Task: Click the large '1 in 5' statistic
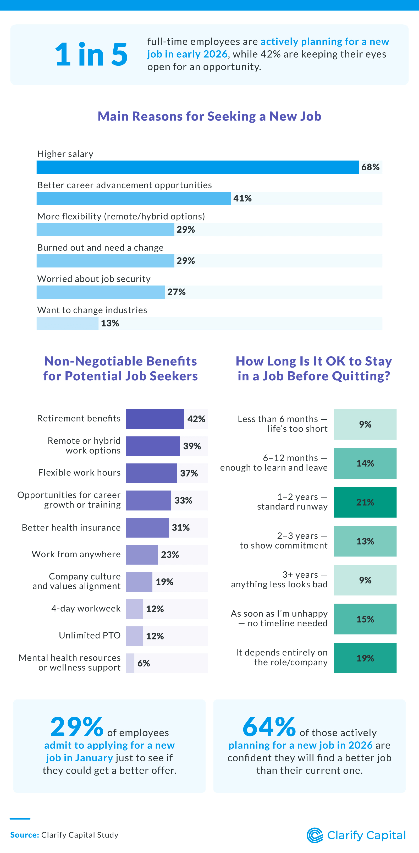[91, 55]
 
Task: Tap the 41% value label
[242, 198]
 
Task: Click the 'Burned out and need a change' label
[100, 248]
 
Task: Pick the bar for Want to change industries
[68, 323]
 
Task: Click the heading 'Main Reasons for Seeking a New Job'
[209, 116]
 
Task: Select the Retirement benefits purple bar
[155, 419]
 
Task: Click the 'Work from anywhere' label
[76, 554]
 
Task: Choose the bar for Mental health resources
[130, 663]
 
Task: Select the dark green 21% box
[365, 502]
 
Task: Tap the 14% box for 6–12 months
[365, 463]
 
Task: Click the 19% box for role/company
[365, 658]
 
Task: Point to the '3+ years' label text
[300, 575]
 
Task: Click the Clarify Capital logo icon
[315, 835]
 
